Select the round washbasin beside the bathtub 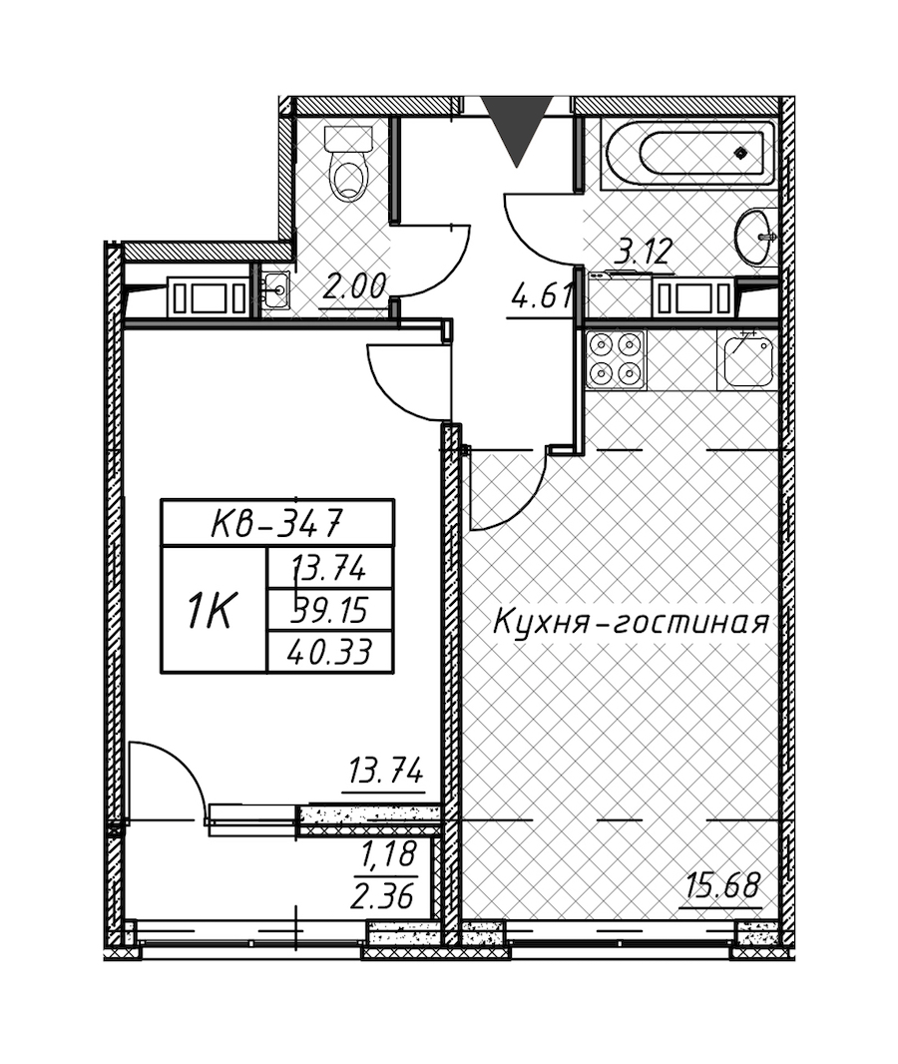(x=756, y=237)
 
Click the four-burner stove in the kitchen (x=616, y=359)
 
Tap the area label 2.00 (x=355, y=287)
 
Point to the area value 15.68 (x=723, y=885)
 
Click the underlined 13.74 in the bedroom (x=385, y=773)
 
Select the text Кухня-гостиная (x=631, y=622)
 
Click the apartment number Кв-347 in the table (x=276, y=522)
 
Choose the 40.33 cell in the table (x=331, y=652)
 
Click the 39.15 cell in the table (x=331, y=610)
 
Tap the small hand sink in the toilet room (x=276, y=290)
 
